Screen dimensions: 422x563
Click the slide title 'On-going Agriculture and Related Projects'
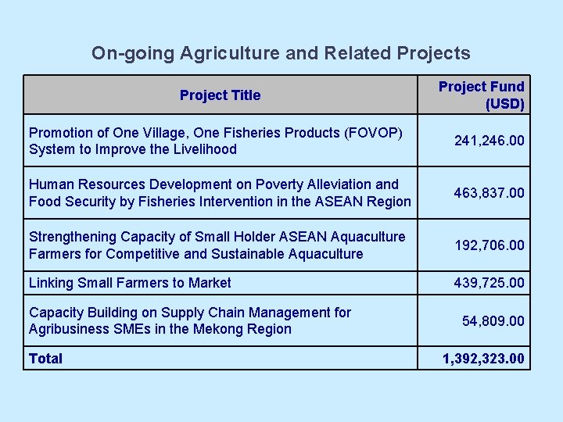(x=281, y=53)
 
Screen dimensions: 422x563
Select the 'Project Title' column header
(x=220, y=95)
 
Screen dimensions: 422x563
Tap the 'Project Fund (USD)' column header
(x=481, y=95)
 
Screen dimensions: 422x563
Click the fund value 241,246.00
(x=489, y=141)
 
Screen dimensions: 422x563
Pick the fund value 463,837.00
(x=489, y=192)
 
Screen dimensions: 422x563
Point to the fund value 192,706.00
(x=489, y=245)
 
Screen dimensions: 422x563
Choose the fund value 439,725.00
(x=489, y=282)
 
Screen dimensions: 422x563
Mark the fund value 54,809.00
(x=493, y=320)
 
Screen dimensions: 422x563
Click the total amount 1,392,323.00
(x=483, y=359)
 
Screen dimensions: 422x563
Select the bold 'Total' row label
(x=45, y=359)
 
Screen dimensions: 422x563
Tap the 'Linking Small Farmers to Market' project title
(x=130, y=282)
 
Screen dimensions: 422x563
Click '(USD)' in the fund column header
(x=504, y=103)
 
